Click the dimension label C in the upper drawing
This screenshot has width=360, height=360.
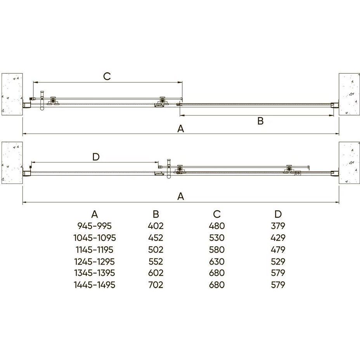tap(107, 76)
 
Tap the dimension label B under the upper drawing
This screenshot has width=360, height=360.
tap(260, 121)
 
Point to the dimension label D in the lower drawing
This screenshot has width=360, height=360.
tap(96, 157)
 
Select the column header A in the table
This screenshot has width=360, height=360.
tap(95, 214)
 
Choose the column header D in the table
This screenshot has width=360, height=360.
tap(278, 214)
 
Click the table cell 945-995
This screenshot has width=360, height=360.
tap(95, 226)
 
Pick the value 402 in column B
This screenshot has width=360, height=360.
tap(156, 226)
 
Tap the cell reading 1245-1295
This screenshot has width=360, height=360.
tap(95, 261)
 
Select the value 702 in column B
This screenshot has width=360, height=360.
tap(156, 285)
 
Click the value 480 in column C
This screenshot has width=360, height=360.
tap(217, 226)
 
